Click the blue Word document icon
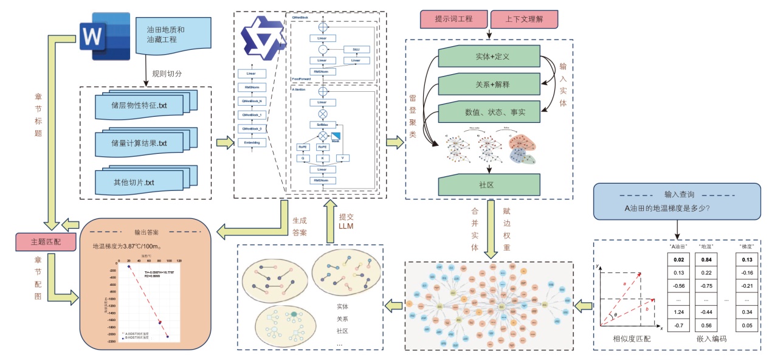tap(105, 38)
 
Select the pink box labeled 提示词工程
tap(453, 19)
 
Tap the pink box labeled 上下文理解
tap(523, 19)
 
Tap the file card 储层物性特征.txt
tap(140, 105)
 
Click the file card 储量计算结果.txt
tap(140, 144)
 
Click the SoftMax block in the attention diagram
tap(322, 124)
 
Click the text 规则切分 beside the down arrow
tap(167, 73)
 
